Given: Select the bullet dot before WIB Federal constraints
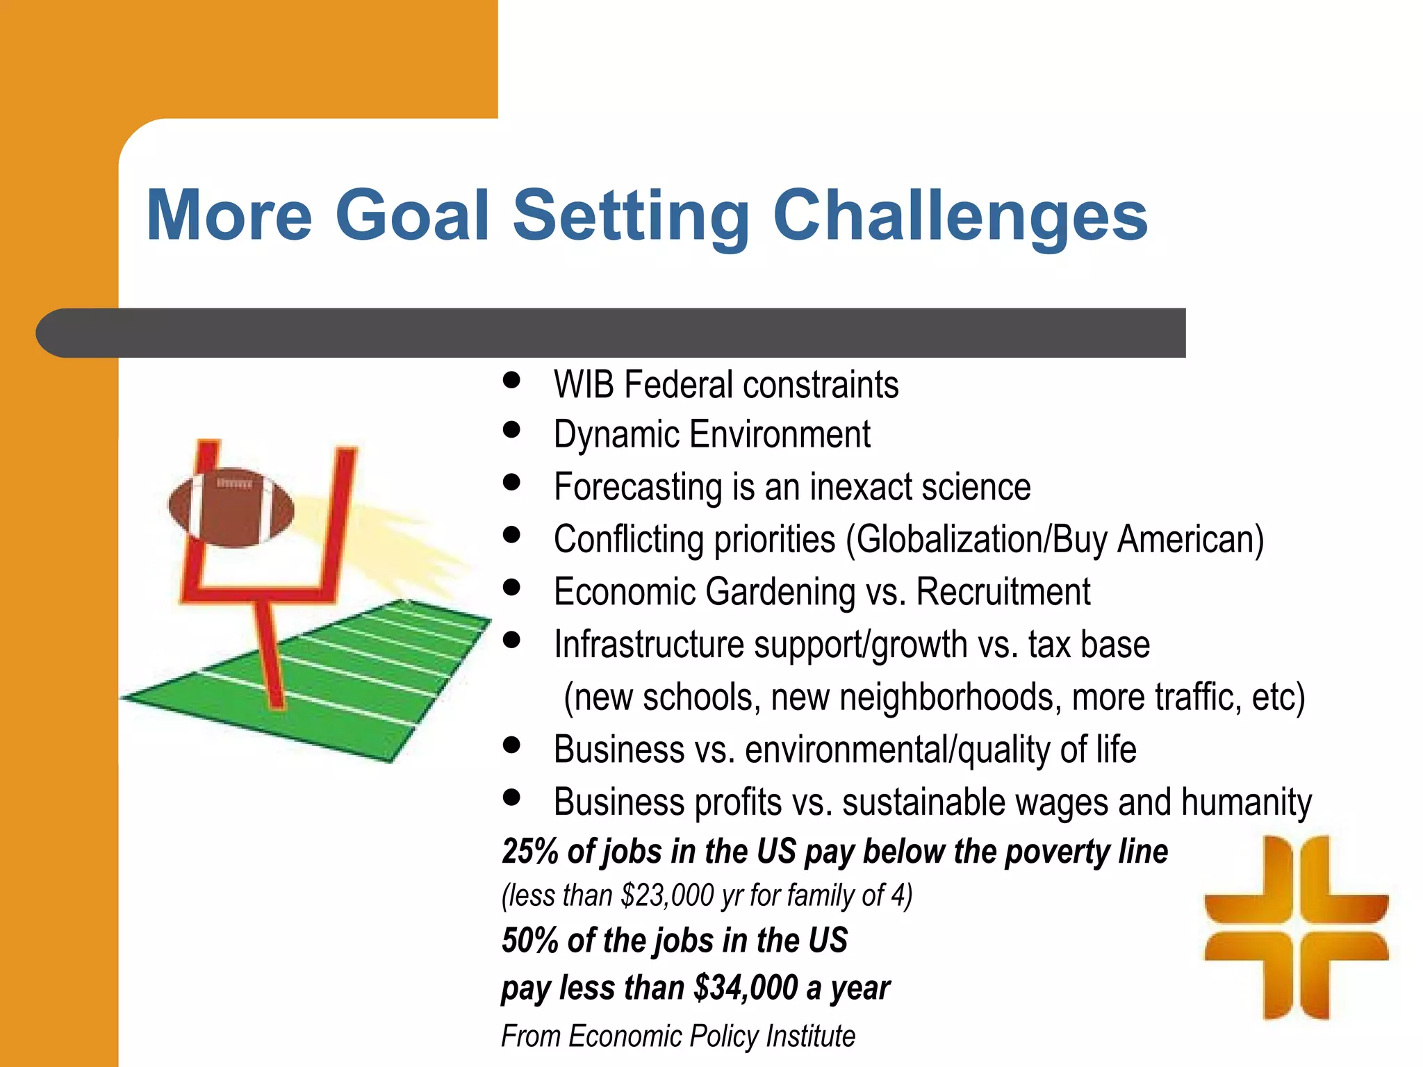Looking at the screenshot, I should point(512,380).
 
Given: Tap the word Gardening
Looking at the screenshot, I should point(780,593).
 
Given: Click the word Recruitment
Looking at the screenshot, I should point(1003,593).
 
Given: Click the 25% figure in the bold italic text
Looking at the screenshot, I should point(530,852).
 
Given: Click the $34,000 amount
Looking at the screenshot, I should point(746,988).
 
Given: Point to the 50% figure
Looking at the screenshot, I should point(530,941).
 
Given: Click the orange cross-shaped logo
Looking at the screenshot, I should point(1297,928).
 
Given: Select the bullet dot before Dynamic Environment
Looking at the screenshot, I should point(512,430).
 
